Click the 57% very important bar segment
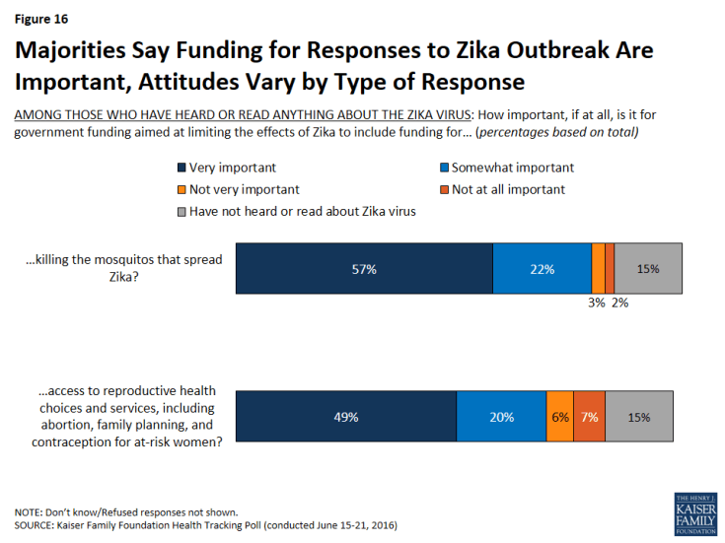coord(364,268)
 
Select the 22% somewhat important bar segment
coord(542,268)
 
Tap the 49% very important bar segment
coord(345,416)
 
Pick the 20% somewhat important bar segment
coord(501,416)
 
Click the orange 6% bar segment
coord(559,416)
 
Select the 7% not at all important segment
coord(589,416)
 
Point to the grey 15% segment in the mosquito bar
coord(647,268)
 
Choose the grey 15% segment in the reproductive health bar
coord(639,416)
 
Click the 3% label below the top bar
coord(597,303)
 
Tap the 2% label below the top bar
coord(619,303)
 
